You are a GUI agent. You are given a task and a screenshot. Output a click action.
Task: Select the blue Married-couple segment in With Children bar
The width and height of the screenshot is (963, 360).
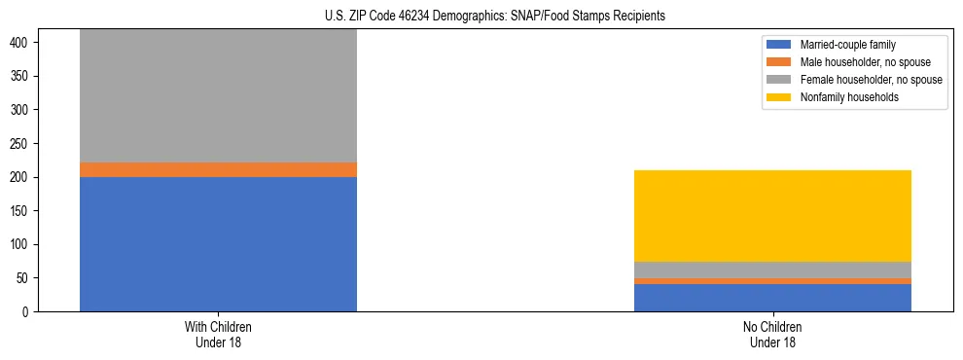click(x=218, y=243)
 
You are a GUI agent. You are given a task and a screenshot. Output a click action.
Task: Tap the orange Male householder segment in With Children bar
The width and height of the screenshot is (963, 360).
click(x=218, y=169)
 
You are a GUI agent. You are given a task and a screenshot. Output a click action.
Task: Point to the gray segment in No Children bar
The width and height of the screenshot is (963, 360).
click(x=772, y=270)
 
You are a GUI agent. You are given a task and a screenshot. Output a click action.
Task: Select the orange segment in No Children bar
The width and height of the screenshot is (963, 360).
click(x=772, y=281)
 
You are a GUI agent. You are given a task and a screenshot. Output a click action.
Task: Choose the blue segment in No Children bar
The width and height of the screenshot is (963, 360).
click(x=772, y=298)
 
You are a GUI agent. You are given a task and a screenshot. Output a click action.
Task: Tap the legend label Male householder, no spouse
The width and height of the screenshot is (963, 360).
click(x=865, y=62)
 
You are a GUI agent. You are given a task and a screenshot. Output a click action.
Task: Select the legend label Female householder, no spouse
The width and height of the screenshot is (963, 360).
click(x=871, y=80)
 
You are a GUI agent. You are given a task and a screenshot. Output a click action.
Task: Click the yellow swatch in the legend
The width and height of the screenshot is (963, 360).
click(x=779, y=97)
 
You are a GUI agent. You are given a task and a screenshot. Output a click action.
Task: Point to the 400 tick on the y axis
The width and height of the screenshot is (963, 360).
click(x=21, y=43)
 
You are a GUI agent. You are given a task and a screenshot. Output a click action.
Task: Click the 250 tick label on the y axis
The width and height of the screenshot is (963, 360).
click(x=21, y=144)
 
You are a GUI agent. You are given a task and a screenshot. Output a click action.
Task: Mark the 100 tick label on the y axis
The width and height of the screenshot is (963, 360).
click(x=21, y=244)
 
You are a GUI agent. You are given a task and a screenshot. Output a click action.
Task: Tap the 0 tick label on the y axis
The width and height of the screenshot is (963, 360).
click(x=27, y=311)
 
